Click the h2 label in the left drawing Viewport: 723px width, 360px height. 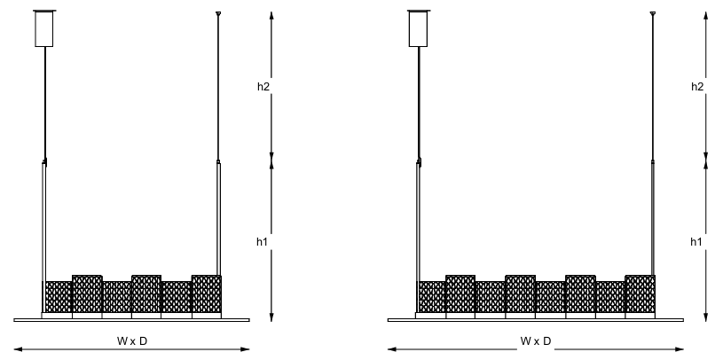(263, 86)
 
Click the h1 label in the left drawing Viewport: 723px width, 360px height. (263, 241)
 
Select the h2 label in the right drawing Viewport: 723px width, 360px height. (697, 86)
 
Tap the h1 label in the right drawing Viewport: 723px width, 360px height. (696, 241)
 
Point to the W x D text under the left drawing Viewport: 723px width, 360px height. (132, 341)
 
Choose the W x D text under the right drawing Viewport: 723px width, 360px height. (536, 341)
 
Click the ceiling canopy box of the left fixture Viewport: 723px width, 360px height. (44, 28)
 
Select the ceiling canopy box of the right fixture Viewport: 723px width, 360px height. (418, 28)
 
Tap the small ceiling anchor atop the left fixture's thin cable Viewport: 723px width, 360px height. (218, 14)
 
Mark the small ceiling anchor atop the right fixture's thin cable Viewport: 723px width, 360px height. (652, 14)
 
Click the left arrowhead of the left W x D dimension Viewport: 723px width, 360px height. (18, 349)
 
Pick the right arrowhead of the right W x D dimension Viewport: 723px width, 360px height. (680, 349)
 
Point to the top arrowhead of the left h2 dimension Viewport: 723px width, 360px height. (271, 16)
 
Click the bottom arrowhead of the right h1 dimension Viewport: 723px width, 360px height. (705, 317)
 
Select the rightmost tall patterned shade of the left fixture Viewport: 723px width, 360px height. (207, 294)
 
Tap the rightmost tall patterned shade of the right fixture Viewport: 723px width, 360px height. (640, 294)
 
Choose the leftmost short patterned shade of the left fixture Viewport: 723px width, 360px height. (58, 297)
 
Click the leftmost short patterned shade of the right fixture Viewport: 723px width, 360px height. (432, 297)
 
